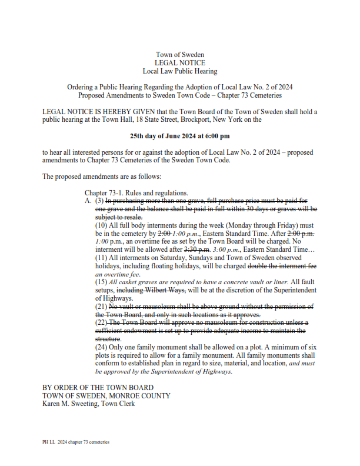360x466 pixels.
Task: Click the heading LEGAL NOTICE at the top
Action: coord(180,62)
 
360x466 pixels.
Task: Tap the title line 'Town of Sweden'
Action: coord(180,54)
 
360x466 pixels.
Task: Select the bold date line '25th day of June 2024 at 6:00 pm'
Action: coord(180,136)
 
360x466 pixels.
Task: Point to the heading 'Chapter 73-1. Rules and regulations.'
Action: coord(136,193)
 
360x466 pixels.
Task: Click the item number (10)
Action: coord(101,225)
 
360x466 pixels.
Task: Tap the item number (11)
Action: coord(101,258)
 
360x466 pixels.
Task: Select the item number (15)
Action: coord(101,282)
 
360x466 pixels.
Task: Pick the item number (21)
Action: coord(101,307)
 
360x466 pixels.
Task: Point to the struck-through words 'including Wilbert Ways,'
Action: coord(152,290)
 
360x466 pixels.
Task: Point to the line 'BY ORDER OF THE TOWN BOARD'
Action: coord(98,388)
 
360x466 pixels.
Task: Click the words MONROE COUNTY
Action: coord(141,396)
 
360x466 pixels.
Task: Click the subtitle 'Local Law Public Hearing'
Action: coord(180,71)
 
